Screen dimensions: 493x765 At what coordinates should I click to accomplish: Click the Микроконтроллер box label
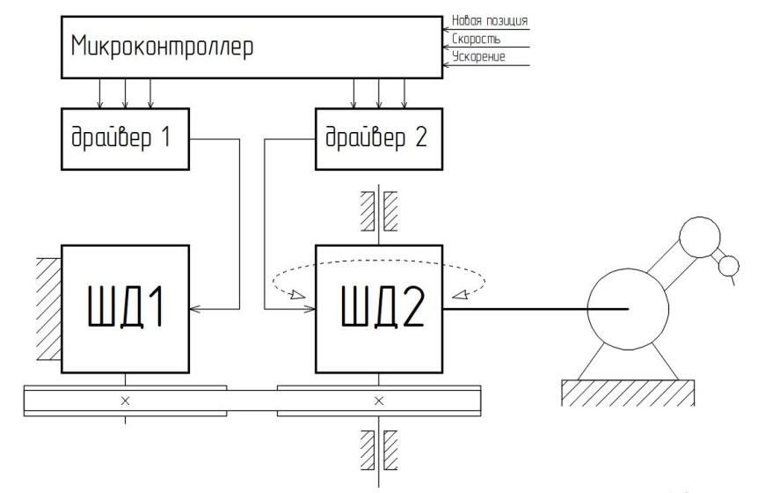point(162,46)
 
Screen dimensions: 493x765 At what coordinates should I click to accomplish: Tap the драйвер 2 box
point(376,138)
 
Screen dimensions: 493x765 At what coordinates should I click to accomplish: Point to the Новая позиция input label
point(489,20)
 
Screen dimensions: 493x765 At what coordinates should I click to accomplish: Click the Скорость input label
point(476,39)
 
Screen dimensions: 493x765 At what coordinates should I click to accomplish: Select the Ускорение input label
point(479,57)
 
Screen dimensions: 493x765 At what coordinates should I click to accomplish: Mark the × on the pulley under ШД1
point(124,401)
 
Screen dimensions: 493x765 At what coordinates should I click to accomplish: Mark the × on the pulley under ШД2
point(379,401)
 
